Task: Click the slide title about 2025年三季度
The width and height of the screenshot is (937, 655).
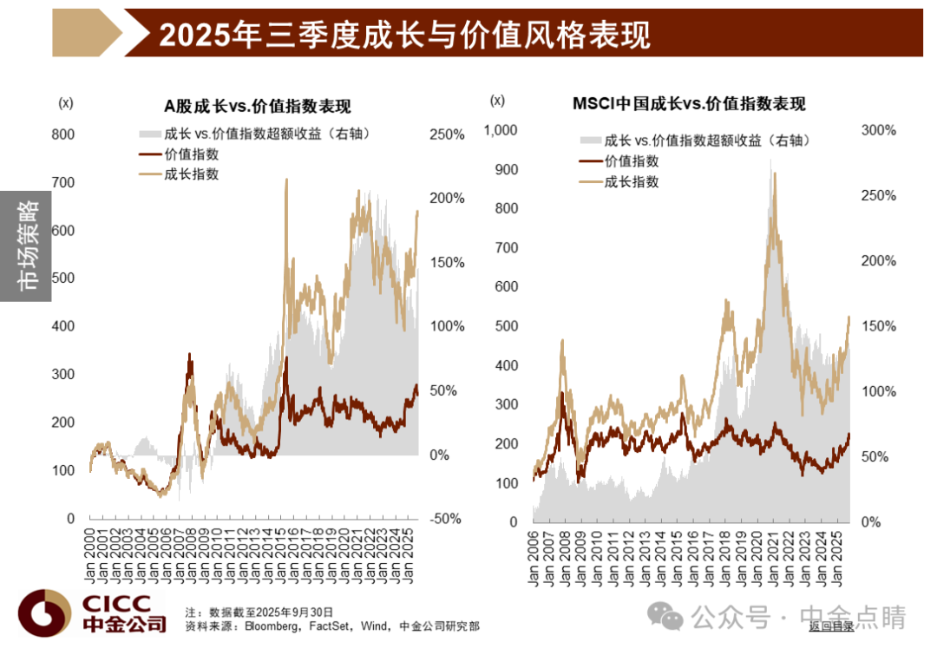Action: (404, 35)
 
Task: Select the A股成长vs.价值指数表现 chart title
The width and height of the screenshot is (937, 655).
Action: (258, 107)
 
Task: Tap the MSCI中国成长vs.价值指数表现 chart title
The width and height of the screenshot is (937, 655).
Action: (689, 104)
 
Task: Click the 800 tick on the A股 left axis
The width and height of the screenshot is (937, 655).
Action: (62, 134)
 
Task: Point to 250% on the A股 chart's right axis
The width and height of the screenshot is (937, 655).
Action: (447, 134)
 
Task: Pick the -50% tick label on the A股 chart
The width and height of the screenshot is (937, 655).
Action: (445, 519)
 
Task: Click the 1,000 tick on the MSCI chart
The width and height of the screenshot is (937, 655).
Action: (501, 130)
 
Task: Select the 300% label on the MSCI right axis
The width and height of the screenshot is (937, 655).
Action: (878, 130)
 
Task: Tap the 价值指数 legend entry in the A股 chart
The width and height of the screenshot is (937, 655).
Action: (180, 154)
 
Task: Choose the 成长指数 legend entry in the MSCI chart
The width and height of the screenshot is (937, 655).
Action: (619, 181)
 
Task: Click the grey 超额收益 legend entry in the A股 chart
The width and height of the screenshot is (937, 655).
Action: (254, 134)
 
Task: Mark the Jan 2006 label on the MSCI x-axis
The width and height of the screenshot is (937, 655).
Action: (533, 558)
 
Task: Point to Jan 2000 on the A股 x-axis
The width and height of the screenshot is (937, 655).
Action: (90, 555)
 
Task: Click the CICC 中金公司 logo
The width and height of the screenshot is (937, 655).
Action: (93, 613)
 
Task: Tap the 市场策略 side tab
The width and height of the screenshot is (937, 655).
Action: (26, 246)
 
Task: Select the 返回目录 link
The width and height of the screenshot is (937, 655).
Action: (831, 626)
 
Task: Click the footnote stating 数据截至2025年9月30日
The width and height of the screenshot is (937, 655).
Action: (259, 612)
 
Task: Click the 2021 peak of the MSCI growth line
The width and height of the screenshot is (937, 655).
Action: (775, 174)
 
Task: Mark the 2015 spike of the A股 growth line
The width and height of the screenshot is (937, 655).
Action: (287, 180)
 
